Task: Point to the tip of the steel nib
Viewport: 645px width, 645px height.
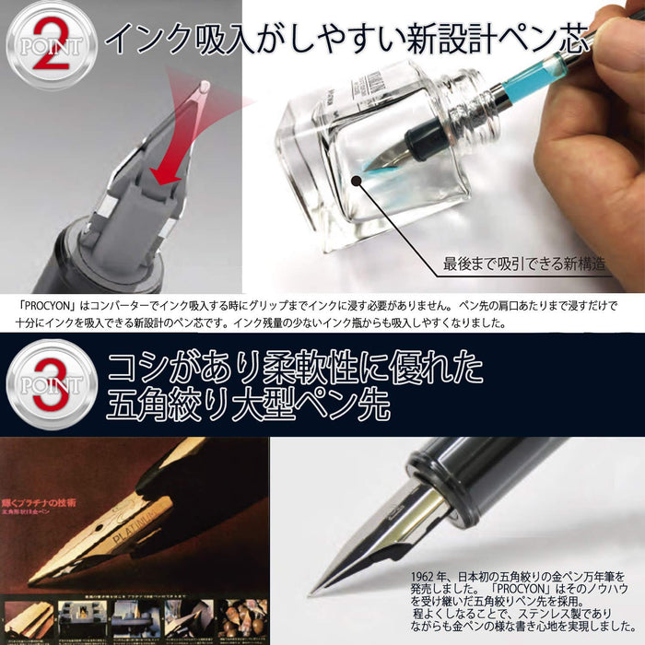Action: [313, 589]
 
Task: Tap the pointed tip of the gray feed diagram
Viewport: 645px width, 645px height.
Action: [204, 88]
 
